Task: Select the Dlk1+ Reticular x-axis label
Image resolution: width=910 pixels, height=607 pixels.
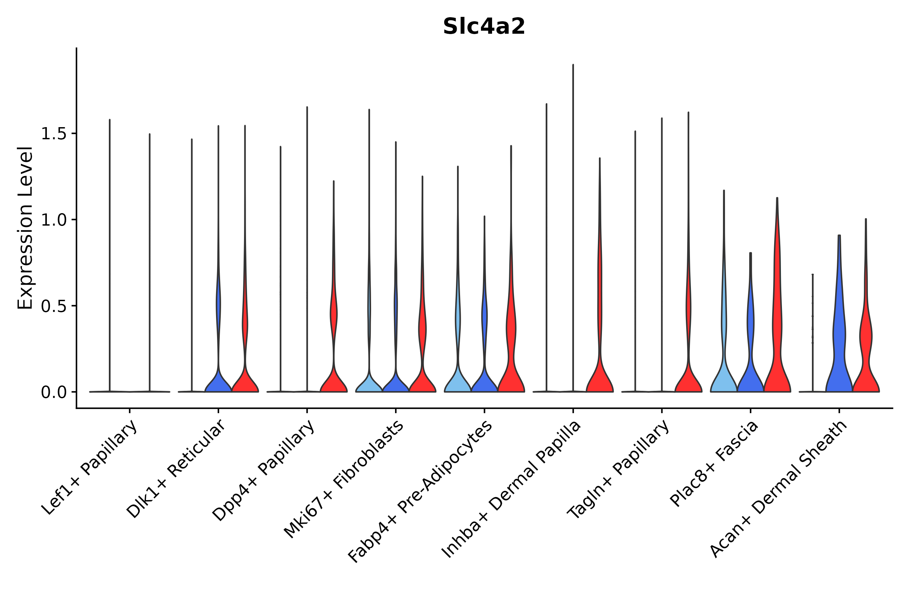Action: (x=176, y=468)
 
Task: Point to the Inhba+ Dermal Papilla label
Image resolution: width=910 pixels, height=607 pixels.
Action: (x=511, y=489)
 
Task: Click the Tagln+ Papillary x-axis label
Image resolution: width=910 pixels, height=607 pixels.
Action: (x=618, y=468)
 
